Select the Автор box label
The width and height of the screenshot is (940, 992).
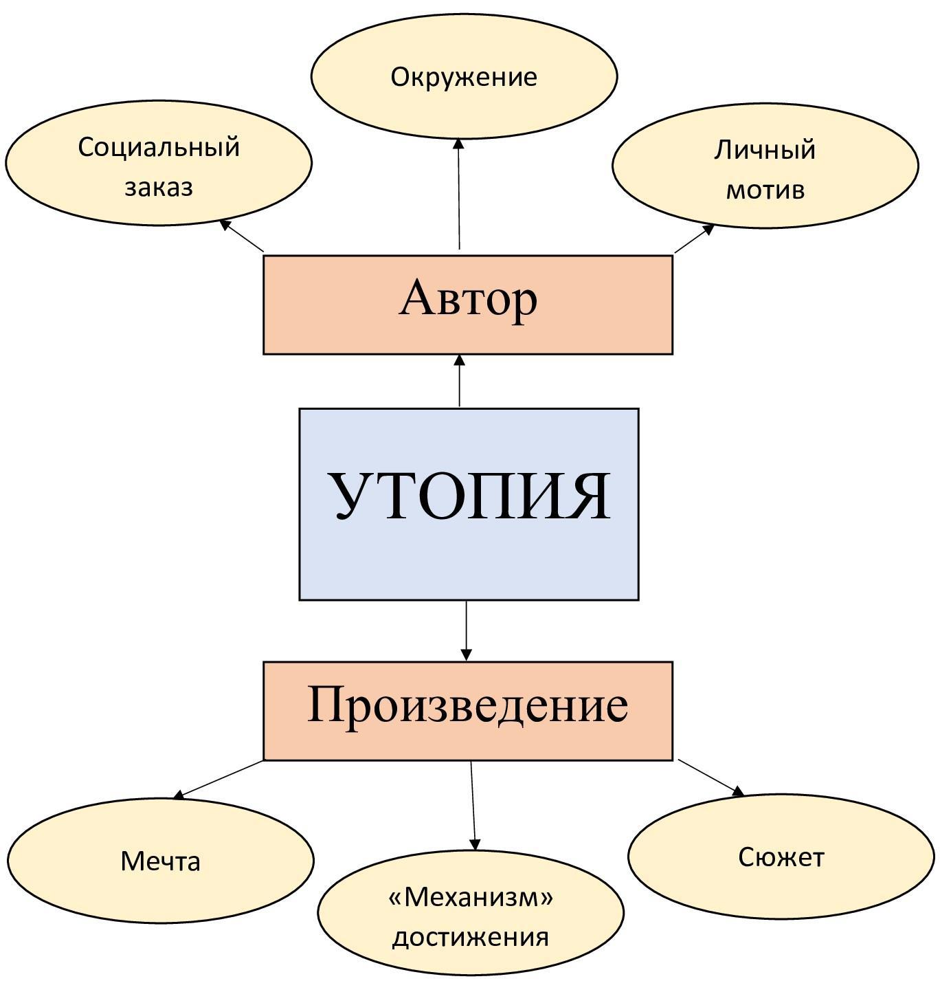point(468,299)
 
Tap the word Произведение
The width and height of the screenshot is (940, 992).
point(467,705)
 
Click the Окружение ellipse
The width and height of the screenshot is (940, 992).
point(464,76)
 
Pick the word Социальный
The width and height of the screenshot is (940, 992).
point(159,147)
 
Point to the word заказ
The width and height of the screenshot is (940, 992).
point(159,187)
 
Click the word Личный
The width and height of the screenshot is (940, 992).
point(765,150)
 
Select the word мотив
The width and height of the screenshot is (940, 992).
point(765,190)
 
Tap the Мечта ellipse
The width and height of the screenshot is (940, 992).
point(160,861)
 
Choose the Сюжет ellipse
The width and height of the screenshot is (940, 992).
point(781,857)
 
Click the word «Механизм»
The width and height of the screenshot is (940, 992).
point(471,896)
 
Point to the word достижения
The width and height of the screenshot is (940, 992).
point(471,937)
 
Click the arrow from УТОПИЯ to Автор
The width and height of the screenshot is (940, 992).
point(460,382)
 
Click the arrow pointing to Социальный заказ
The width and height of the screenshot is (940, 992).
point(242,236)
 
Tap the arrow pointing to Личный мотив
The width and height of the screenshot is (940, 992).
point(694,239)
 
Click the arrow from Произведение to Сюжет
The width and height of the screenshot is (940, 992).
point(711,778)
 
